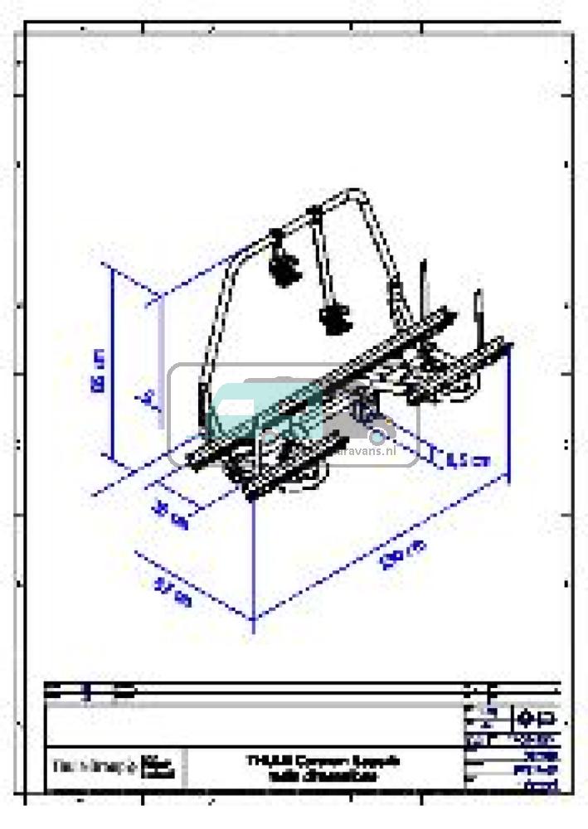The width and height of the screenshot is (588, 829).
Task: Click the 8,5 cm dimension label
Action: pyautogui.click(x=467, y=459)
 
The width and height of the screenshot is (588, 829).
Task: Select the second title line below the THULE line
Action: pyautogui.click(x=323, y=777)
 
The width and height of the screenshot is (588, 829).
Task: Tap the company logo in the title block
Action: pyautogui.click(x=112, y=768)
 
